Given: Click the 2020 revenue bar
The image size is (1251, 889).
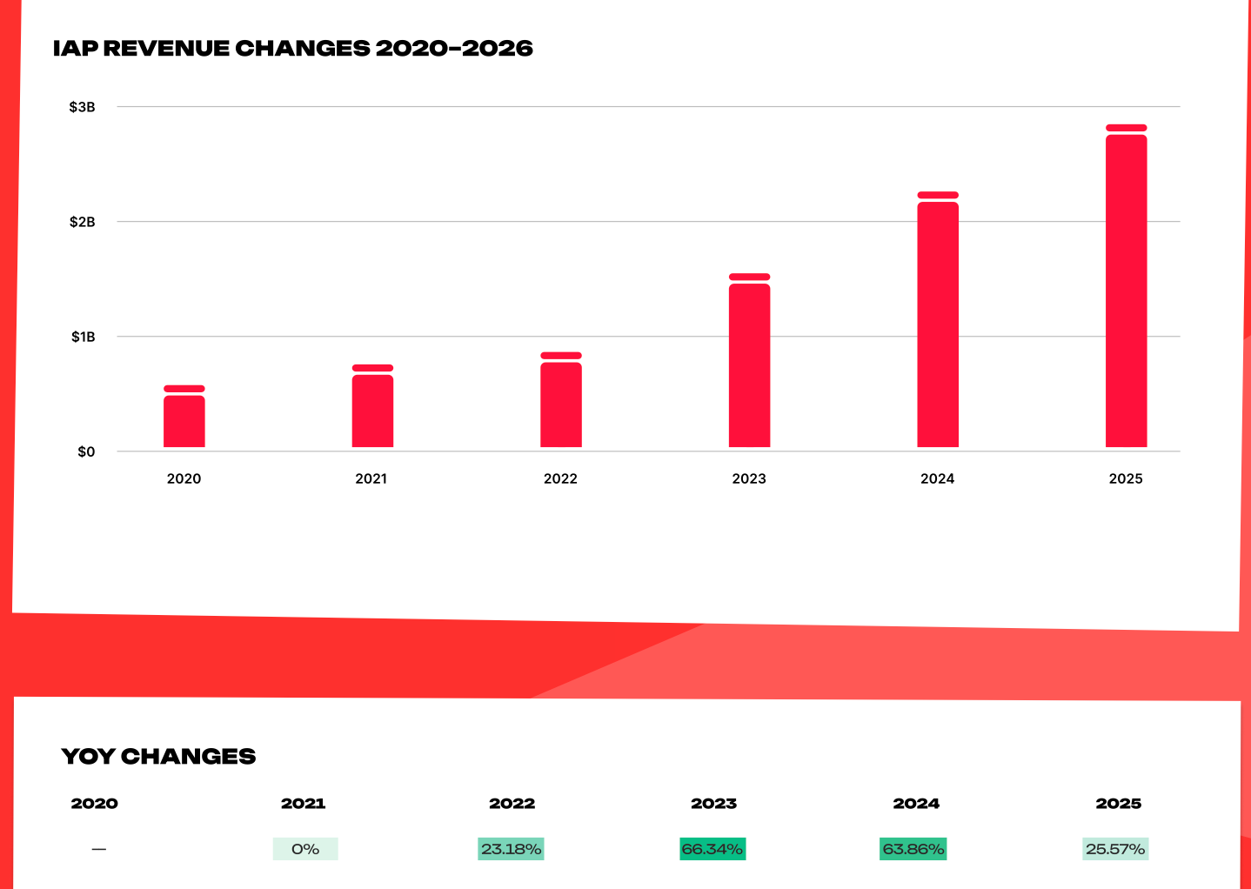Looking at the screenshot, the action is [184, 416].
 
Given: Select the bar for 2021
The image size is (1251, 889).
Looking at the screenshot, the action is [372, 406].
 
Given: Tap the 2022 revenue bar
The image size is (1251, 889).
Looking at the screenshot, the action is [561, 400].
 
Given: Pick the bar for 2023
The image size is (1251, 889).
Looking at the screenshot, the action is [750, 360].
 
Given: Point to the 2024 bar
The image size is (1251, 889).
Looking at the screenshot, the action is [938, 319].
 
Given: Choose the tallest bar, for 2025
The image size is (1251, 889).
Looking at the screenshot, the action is [1127, 286].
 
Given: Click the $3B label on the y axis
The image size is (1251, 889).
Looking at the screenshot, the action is [82, 107].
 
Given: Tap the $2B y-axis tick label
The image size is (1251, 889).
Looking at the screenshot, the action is [82, 222].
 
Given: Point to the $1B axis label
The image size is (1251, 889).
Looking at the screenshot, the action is [84, 337].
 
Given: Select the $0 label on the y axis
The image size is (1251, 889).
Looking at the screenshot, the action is [86, 451].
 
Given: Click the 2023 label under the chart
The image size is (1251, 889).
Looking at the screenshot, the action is [749, 478].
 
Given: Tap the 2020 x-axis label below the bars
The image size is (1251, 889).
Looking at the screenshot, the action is [184, 478].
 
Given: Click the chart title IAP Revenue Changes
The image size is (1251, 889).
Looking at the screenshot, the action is [293, 48].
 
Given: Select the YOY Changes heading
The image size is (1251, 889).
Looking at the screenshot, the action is [158, 757].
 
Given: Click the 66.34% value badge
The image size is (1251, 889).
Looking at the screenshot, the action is [712, 849].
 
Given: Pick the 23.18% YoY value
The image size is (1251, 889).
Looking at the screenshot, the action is [511, 849].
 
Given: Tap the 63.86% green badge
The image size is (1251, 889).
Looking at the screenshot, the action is [913, 849].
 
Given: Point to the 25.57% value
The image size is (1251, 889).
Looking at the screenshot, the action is [1115, 849].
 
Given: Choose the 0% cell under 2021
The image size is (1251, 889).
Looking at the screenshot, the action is [305, 849].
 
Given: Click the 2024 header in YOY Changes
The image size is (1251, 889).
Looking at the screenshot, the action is [916, 804].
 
